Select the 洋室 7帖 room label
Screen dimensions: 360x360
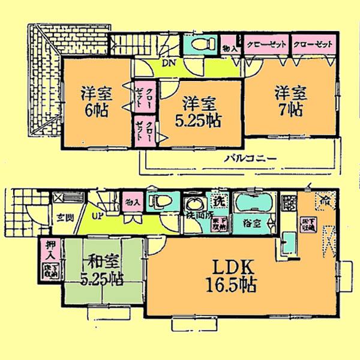point(292,102)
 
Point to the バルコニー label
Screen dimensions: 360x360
point(250,159)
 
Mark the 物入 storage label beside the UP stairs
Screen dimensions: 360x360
point(130,203)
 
